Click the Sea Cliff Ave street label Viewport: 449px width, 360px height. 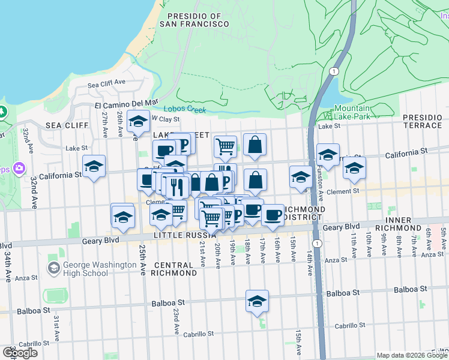point(106,83)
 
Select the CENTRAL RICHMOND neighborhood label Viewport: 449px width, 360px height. point(175,269)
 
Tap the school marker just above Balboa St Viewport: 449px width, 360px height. point(257,302)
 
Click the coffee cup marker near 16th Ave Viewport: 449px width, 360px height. point(273,215)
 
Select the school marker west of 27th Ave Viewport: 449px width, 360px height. point(94,167)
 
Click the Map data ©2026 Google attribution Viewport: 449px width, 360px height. point(412,355)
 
